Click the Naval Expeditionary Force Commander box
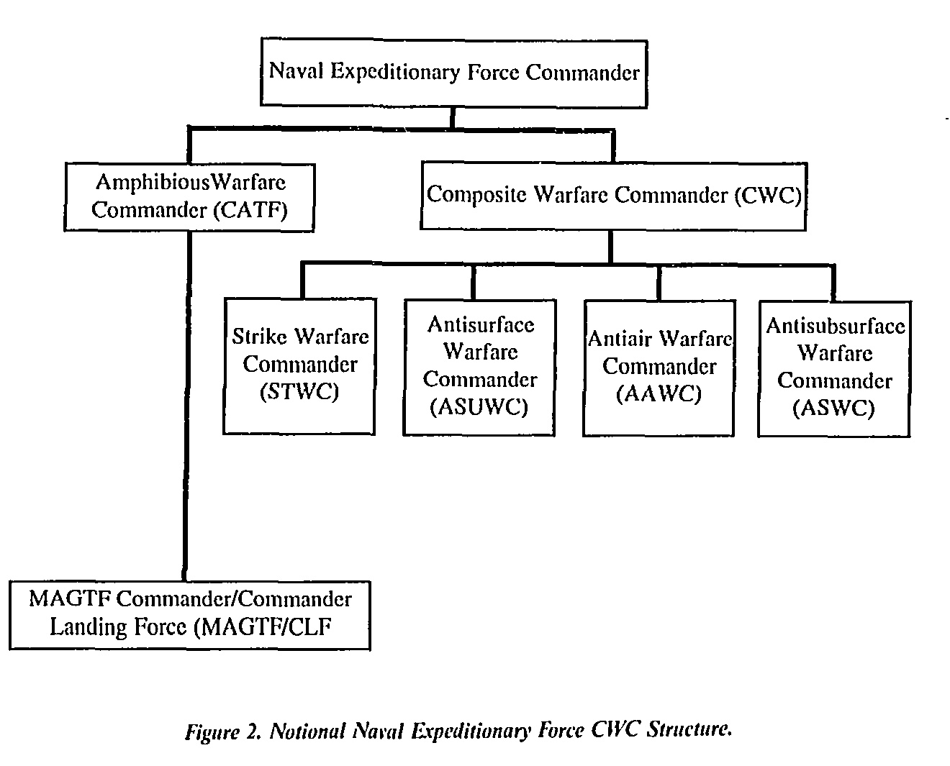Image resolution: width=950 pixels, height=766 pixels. pos(454,73)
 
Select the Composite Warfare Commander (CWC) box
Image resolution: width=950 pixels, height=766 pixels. pos(614,196)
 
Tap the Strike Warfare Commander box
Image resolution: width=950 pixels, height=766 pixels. pos(299,366)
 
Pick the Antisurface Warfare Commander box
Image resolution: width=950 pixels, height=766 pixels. pos(479,368)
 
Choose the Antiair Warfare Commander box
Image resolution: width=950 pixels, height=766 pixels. pos(659,368)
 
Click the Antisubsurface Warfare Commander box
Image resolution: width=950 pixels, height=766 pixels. pos(834,369)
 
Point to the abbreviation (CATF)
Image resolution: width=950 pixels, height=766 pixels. pos(250,210)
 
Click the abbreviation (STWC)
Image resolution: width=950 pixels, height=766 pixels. pos(299,392)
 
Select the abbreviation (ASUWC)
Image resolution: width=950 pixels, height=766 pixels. pos(479,407)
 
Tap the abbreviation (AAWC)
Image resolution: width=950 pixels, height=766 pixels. pos(659,393)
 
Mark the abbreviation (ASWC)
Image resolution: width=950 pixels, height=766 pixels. pos(833,408)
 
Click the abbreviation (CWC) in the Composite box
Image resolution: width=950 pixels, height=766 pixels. pos(768,195)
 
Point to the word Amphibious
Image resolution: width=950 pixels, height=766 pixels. pos(153,182)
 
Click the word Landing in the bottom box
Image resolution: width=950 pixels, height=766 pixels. pos(88,627)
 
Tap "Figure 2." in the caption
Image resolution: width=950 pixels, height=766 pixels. pos(224,731)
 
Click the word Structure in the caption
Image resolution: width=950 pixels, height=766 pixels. pos(689,729)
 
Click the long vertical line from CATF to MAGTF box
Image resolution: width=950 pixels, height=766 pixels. pos(187,406)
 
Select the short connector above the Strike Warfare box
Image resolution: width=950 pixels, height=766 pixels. pos(303,281)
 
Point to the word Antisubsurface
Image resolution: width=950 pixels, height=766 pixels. pos(836,327)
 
